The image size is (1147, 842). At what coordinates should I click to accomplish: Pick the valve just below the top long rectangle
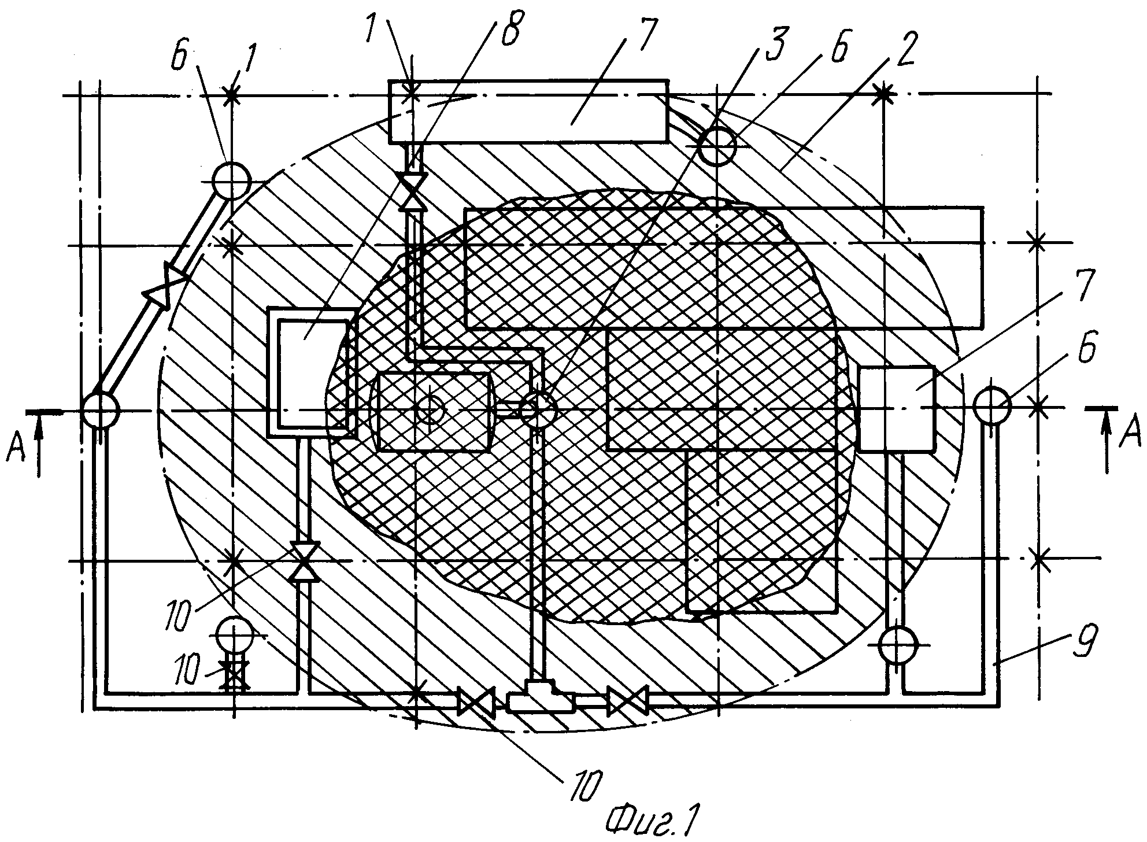414,190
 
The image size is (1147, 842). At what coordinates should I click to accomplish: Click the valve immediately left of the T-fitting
476,701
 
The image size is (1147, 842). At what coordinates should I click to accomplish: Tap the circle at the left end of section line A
101,410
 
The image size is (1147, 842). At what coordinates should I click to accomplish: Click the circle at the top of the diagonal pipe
231,180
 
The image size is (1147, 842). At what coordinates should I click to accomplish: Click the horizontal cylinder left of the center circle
432,411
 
